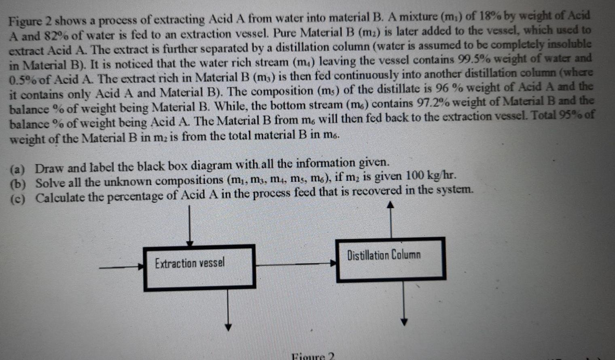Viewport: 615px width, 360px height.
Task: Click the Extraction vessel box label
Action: click(189, 263)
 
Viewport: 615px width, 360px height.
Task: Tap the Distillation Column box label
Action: click(384, 255)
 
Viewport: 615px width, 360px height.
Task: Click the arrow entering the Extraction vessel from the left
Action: click(121, 267)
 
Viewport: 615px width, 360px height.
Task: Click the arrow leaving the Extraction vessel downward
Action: click(229, 309)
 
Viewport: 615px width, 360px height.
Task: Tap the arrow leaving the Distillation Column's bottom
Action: click(404, 303)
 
